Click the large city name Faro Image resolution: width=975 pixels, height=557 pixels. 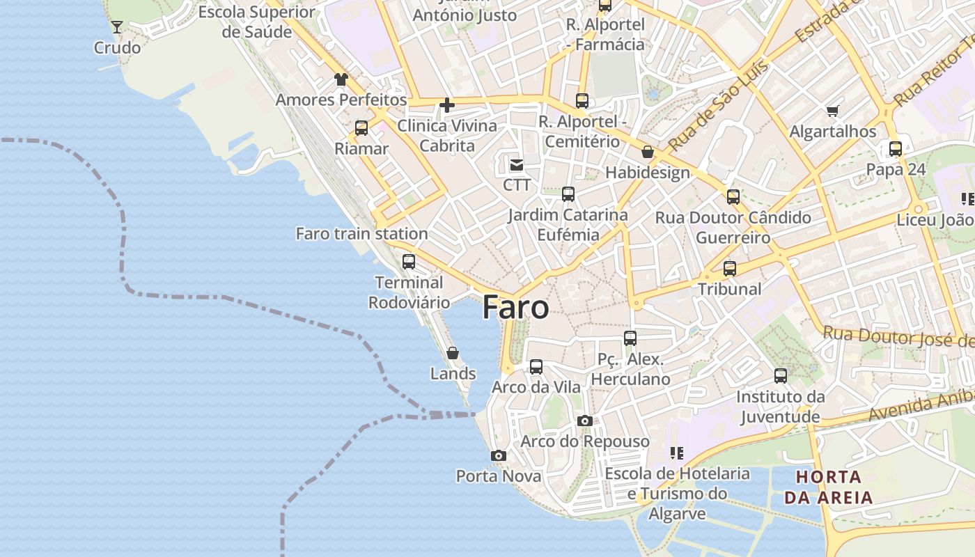[x=515, y=307]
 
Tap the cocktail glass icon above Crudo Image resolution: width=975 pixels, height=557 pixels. [x=117, y=27]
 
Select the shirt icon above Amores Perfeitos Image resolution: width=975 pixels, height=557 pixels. [x=341, y=79]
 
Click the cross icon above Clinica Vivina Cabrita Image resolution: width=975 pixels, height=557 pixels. [x=447, y=106]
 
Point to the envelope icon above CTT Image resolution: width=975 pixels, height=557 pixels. [x=517, y=165]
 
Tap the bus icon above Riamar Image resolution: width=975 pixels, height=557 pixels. [x=361, y=128]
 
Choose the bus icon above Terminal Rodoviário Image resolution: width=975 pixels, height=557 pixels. [x=409, y=262]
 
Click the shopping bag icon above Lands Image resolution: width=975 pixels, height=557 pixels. [x=453, y=354]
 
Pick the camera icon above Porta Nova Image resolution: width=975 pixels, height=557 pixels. [x=498, y=456]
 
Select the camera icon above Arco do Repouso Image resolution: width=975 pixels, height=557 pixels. [x=585, y=421]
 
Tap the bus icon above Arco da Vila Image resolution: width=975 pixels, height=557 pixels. [x=536, y=367]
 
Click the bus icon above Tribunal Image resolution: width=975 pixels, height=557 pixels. [x=729, y=269]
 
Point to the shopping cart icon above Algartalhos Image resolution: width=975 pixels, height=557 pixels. [x=832, y=111]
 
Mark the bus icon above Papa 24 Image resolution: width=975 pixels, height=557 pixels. [x=896, y=149]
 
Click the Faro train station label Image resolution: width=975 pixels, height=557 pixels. [x=361, y=234]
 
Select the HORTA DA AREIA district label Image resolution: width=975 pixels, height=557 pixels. [x=828, y=487]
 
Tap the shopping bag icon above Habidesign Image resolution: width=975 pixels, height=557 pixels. [x=648, y=152]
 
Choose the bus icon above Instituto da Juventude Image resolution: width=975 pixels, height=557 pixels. [x=781, y=377]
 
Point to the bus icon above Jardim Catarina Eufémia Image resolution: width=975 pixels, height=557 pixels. [x=568, y=194]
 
